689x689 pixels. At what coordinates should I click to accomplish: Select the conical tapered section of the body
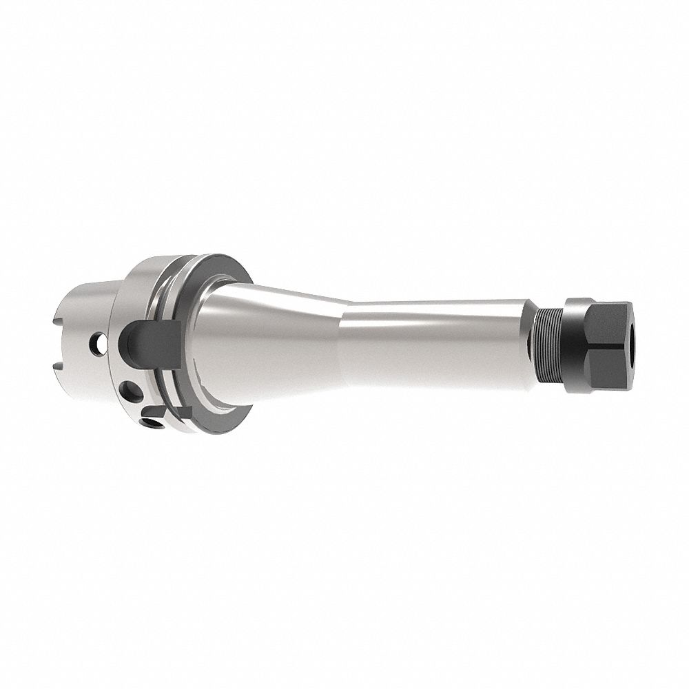click(x=276, y=331)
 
